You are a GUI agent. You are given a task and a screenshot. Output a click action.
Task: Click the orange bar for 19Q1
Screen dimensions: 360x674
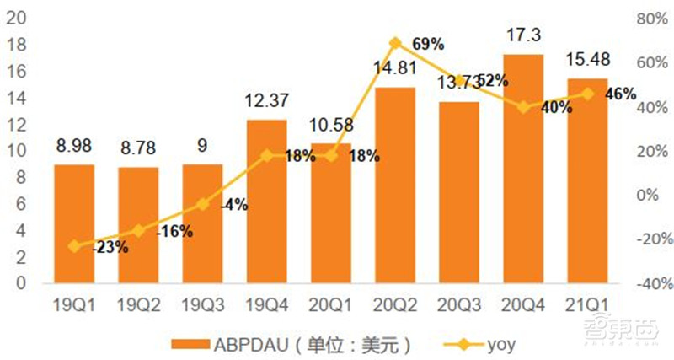pyautogui.click(x=74, y=223)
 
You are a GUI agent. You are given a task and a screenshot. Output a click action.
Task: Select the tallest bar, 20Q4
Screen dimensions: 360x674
pyautogui.click(x=523, y=169)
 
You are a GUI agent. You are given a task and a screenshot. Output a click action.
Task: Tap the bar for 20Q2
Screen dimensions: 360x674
pyautogui.click(x=395, y=185)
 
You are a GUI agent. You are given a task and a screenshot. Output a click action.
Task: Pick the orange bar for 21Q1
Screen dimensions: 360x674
pyautogui.click(x=587, y=180)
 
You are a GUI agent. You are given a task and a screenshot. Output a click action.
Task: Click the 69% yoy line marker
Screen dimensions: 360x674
pyautogui.click(x=395, y=41)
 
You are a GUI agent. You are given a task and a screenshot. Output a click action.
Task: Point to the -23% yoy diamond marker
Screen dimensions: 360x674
pyautogui.click(x=74, y=246)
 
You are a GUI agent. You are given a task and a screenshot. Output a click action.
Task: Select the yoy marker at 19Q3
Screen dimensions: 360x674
pyautogui.click(x=202, y=204)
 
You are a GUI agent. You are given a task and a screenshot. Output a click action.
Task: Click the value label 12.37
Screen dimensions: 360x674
pyautogui.click(x=266, y=101)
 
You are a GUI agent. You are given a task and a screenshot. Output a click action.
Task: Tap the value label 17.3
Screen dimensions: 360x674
pyautogui.click(x=523, y=36)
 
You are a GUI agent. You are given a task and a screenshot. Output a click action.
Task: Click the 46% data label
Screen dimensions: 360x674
pyautogui.click(x=620, y=94)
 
